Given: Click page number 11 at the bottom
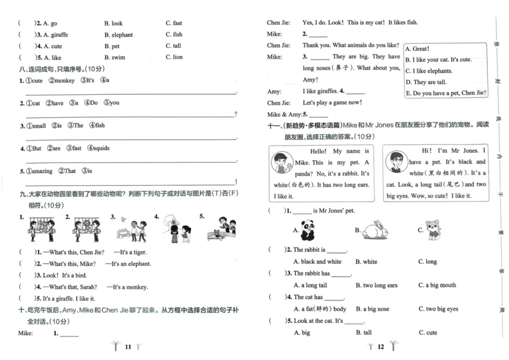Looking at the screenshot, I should tap(127, 347).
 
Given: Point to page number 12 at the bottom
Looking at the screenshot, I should tap(380, 347).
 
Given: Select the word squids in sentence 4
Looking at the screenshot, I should tap(101, 148).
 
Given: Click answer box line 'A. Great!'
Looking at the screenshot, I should tap(421, 48).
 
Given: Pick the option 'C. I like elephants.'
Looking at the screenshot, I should tap(433, 71).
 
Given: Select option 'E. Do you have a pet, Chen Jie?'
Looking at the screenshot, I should tap(446, 93).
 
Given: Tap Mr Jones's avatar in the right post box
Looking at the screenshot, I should tap(395, 165).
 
